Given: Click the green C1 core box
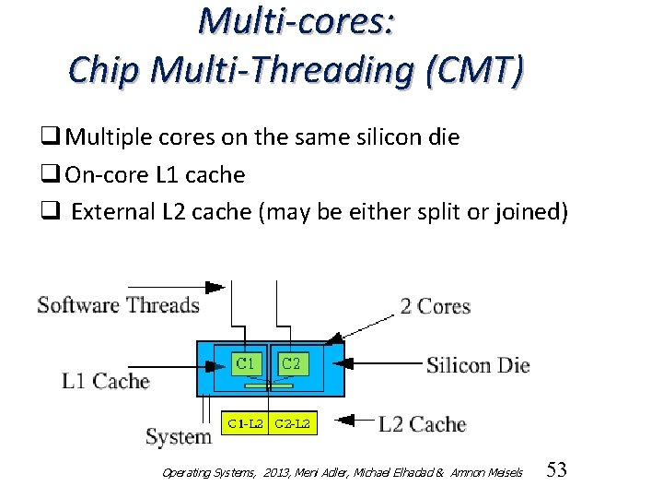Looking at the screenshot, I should coord(246,363).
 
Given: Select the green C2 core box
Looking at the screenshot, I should coord(290,363).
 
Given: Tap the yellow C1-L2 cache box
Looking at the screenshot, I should coord(246,424).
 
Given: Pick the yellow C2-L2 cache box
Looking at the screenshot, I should coord(293,424).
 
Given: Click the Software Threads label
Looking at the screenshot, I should coord(118,305).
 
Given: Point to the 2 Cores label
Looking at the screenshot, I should coord(435,306).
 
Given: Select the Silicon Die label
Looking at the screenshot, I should coord(478,365).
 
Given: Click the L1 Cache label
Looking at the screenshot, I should coord(105,381).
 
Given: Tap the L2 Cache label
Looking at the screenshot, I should coord(422,424).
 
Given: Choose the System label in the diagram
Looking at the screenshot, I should coord(178,436).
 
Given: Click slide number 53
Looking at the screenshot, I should coord(556,470).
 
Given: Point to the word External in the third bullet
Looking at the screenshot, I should coord(112,212).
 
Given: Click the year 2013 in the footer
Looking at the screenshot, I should coord(274,472).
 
